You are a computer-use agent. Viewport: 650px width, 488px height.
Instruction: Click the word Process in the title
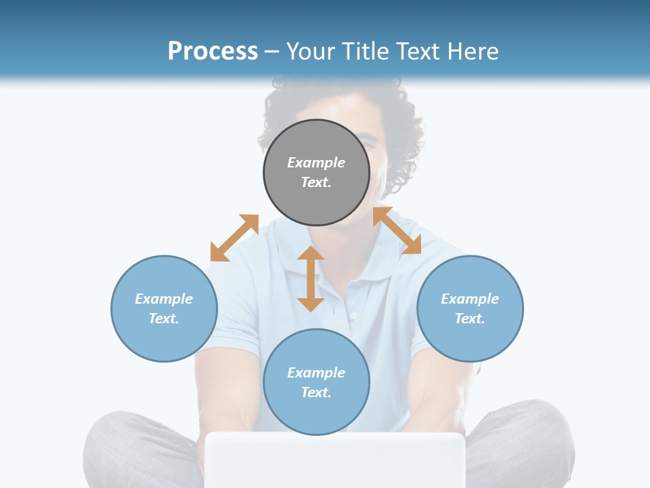pyautogui.click(x=213, y=52)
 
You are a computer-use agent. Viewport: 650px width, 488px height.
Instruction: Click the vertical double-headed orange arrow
pyautogui.click(x=311, y=279)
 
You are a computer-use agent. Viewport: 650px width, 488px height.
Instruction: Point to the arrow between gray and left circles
pyautogui.click(x=234, y=238)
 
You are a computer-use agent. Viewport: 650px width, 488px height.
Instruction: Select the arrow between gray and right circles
pyautogui.click(x=397, y=230)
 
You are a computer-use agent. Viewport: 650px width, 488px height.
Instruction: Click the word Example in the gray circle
pyautogui.click(x=316, y=163)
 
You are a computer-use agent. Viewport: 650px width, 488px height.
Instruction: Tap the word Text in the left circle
pyautogui.click(x=164, y=319)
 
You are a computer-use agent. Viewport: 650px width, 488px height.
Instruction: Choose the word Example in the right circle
pyautogui.click(x=470, y=299)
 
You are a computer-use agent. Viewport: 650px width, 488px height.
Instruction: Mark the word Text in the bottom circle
pyautogui.click(x=316, y=392)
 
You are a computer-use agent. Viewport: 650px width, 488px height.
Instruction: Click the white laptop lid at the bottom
pyautogui.click(x=335, y=461)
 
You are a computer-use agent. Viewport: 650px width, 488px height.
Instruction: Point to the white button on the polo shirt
pyautogui.click(x=352, y=316)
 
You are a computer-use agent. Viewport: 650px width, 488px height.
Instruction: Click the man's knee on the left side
pyautogui.click(x=115, y=434)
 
